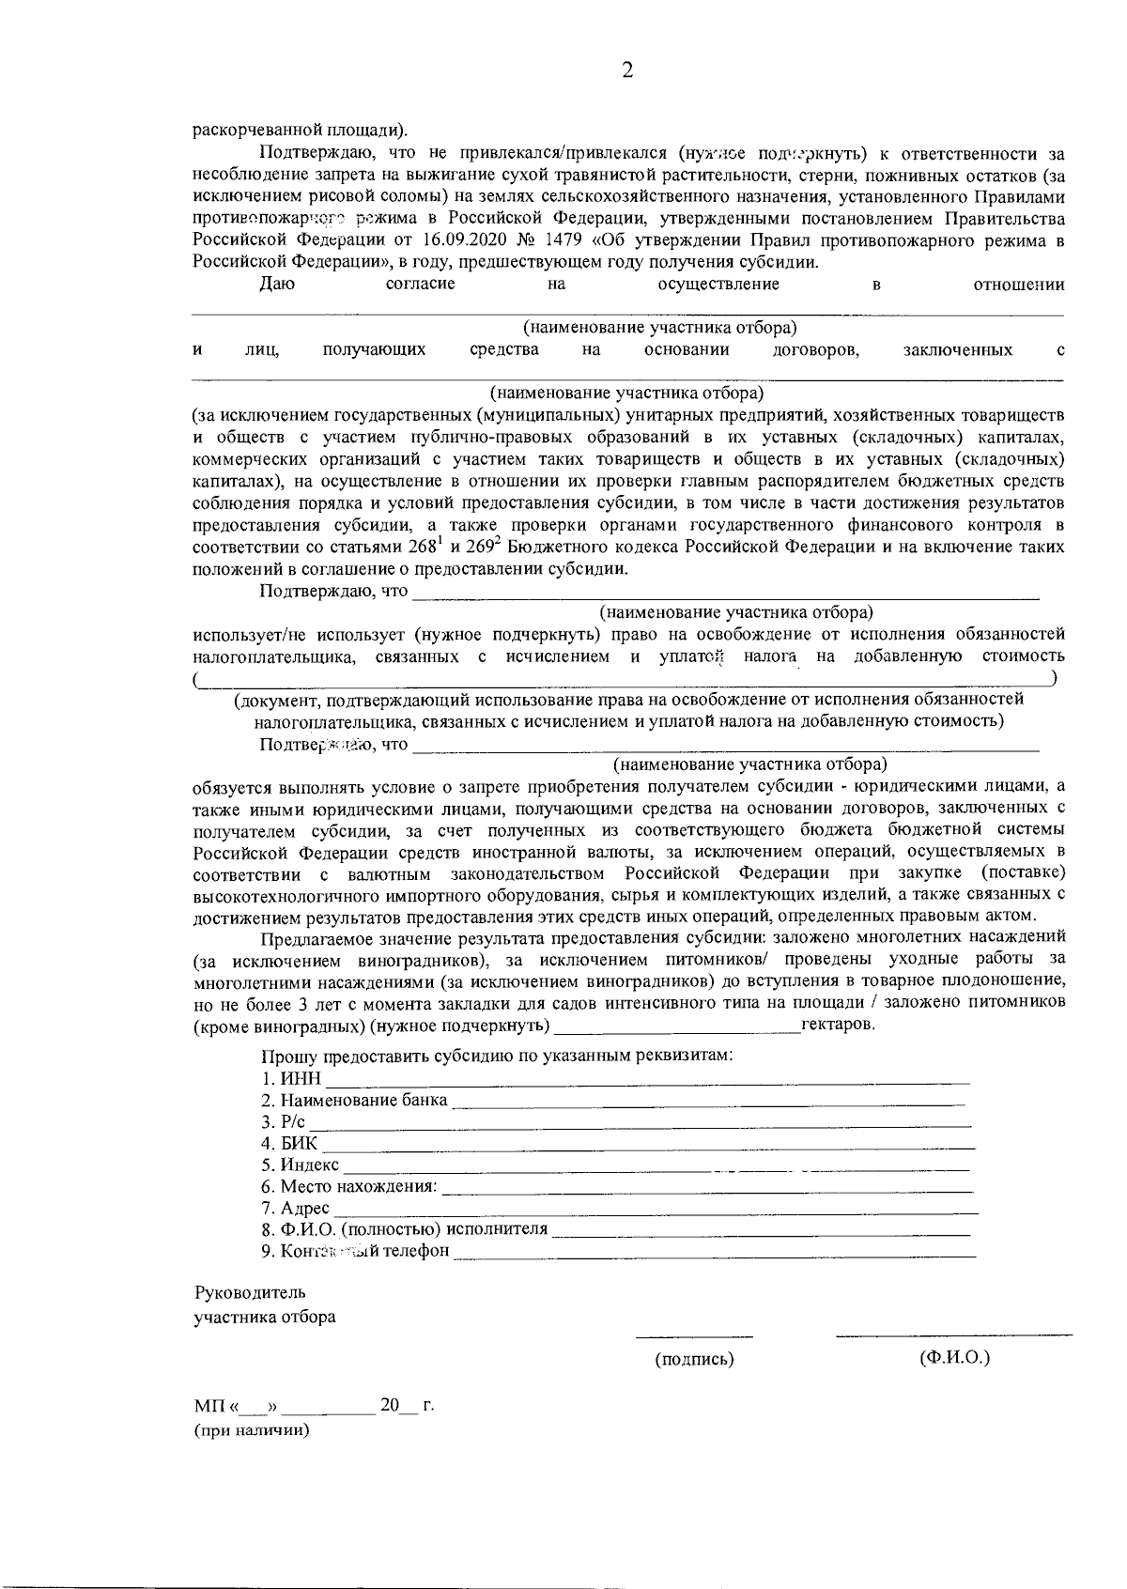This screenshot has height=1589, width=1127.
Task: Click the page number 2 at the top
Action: (627, 71)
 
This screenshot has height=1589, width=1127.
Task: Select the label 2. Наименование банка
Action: (354, 1101)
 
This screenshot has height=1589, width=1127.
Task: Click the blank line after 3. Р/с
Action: (641, 1123)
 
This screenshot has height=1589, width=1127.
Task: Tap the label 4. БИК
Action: (289, 1144)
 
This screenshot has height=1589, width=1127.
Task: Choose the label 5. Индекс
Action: (300, 1165)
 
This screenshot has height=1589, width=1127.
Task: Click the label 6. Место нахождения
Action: (348, 1187)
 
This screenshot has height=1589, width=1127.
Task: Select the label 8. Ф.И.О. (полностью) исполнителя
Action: (404, 1229)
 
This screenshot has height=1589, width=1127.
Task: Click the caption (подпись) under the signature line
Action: (694, 1359)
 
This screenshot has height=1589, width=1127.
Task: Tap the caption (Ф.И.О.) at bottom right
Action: (954, 1358)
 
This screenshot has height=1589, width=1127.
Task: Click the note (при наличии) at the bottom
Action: (252, 1431)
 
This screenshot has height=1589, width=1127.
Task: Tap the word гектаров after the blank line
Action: (838, 1025)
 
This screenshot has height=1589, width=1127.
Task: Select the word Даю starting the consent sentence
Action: (277, 285)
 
